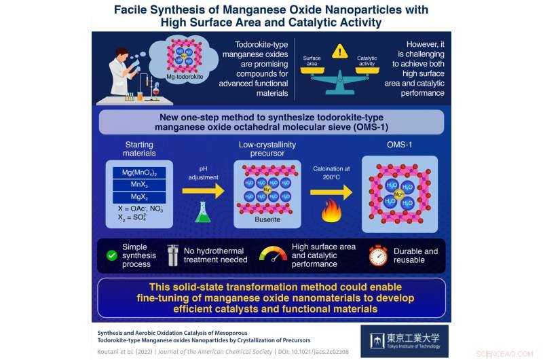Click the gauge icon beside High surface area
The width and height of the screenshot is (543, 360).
coord(273,255)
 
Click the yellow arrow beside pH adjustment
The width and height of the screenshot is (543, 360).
coord(202,191)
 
